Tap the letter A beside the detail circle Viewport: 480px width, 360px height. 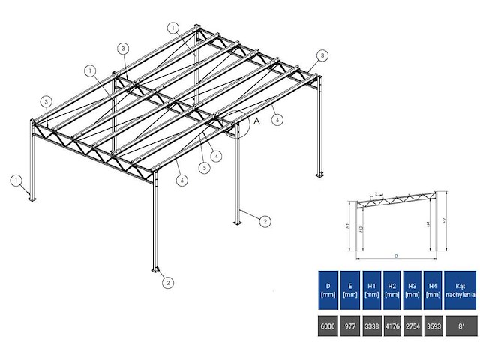[x=257, y=119]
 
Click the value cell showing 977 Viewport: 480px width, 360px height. [x=349, y=326]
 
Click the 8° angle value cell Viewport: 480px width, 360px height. [x=460, y=326]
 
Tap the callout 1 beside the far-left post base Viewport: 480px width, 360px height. [x=15, y=180]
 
